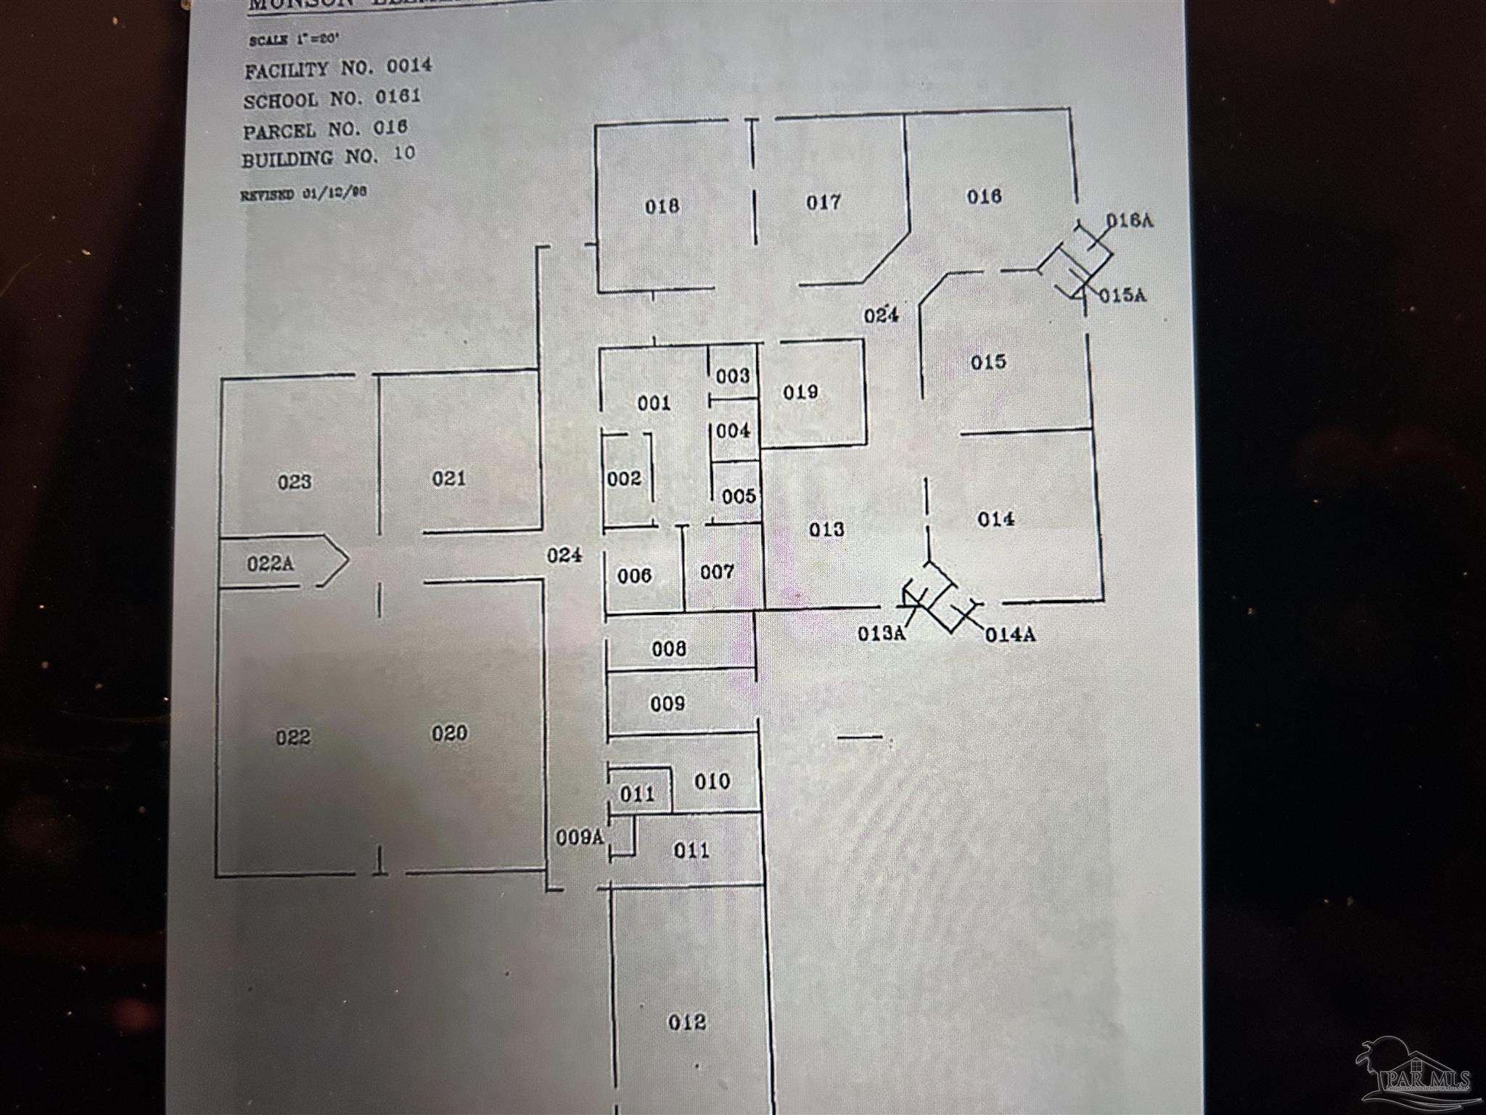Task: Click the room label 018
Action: click(662, 207)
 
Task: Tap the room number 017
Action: click(823, 202)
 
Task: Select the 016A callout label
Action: click(1129, 221)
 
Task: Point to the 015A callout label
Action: click(1122, 295)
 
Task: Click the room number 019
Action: click(800, 392)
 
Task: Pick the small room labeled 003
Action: click(732, 376)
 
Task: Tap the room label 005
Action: click(739, 497)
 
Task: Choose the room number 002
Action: click(624, 478)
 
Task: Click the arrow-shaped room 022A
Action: click(270, 563)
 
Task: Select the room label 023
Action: click(295, 481)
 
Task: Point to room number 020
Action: click(449, 733)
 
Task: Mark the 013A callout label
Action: click(882, 633)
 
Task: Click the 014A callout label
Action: click(1010, 635)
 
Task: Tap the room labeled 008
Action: click(668, 648)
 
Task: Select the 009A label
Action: click(580, 837)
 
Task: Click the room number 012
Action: click(686, 1022)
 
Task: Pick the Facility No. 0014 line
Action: click(338, 69)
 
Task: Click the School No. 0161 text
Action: click(332, 99)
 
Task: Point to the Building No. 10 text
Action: click(328, 157)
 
